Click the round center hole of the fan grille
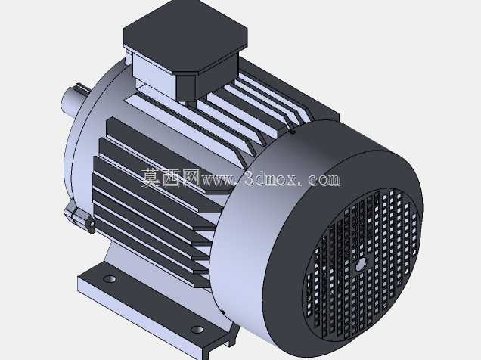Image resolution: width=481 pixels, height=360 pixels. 361,264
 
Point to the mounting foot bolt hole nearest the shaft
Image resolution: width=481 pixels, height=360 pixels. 110,279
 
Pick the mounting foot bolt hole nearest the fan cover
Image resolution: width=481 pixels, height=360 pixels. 197,330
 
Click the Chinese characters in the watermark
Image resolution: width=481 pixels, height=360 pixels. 171,178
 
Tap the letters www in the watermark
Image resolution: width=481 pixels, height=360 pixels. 216,179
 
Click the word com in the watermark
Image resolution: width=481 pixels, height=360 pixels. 324,180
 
